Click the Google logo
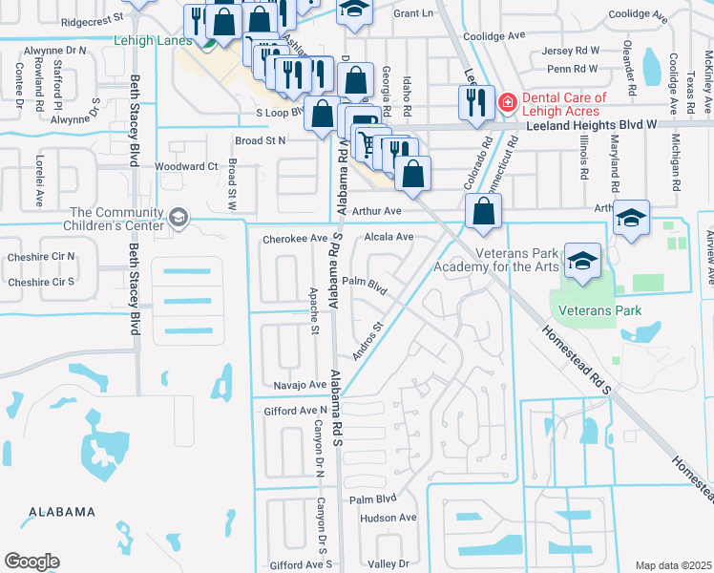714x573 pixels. click(x=31, y=562)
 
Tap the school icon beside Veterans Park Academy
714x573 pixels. click(x=582, y=260)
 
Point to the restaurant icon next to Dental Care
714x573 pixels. click(x=475, y=101)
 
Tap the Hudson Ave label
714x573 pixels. click(x=388, y=518)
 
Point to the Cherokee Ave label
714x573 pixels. click(x=294, y=238)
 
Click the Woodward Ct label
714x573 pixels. click(x=186, y=166)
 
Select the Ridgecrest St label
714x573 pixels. click(x=92, y=18)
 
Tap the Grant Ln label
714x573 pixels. click(x=412, y=13)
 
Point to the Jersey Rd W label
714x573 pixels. click(x=571, y=50)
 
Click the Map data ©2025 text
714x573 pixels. click(x=672, y=565)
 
